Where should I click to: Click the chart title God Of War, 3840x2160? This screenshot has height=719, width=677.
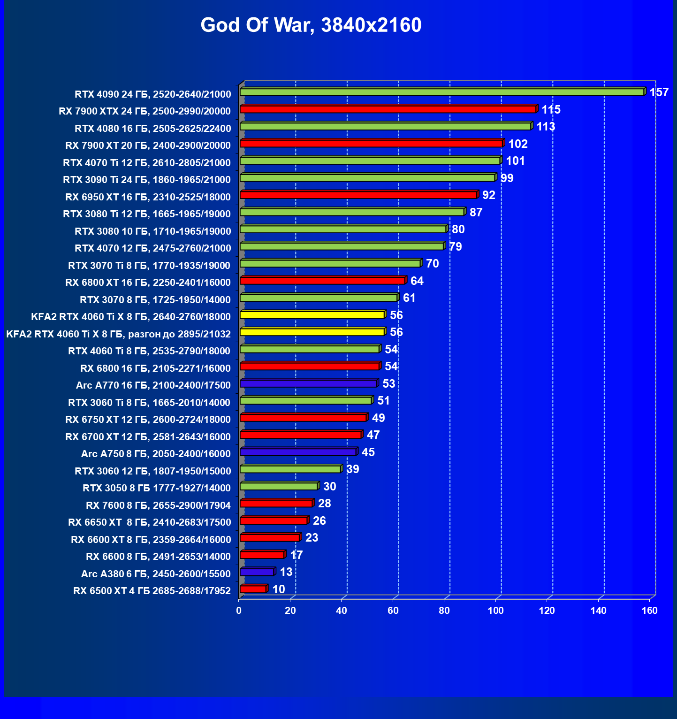[x=311, y=25]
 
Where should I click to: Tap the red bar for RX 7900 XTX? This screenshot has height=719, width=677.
[x=388, y=109]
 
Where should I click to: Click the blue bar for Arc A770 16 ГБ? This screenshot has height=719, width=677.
[x=308, y=383]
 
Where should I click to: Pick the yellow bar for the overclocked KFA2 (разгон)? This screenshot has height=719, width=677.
[x=312, y=332]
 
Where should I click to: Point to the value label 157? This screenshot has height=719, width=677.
[x=659, y=92]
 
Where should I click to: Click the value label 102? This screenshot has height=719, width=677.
[x=518, y=144]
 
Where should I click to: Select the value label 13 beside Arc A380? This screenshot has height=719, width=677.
[x=286, y=572]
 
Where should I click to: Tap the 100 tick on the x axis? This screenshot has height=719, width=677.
[x=495, y=611]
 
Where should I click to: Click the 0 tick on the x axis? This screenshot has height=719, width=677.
[x=239, y=611]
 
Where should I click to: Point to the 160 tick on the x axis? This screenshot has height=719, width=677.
[x=650, y=611]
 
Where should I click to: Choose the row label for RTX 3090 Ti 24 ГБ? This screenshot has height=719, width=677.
[x=147, y=180]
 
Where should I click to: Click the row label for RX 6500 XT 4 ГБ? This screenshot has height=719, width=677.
[x=152, y=591]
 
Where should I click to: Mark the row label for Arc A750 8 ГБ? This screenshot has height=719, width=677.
[x=156, y=454]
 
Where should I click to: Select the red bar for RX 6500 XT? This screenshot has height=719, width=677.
[x=253, y=589]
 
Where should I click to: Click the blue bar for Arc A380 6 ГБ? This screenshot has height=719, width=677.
[x=257, y=572]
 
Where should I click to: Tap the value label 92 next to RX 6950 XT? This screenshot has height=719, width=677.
[x=489, y=195]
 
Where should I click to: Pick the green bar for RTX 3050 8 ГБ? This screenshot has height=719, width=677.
[x=279, y=486]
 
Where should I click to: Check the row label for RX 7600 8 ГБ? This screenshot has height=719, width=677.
[x=158, y=505]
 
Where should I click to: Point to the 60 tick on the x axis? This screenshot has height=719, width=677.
[x=393, y=611]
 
